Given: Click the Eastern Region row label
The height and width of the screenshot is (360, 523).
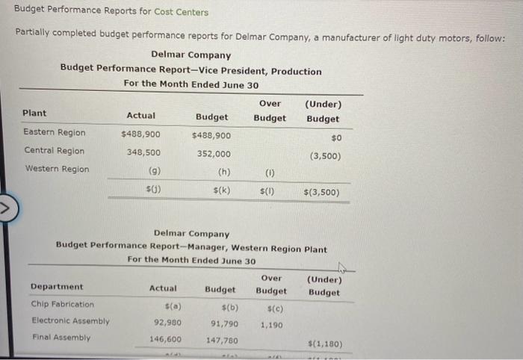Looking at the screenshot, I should [54, 133].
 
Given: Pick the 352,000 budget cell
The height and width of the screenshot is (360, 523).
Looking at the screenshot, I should [213, 154].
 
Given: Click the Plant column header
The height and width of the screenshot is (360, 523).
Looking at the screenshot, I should [34, 114].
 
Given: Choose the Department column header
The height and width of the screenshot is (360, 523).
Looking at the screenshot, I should [57, 287].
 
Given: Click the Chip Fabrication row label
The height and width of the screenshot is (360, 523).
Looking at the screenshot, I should [63, 305].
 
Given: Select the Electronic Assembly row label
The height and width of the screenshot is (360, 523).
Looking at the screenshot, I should [70, 321].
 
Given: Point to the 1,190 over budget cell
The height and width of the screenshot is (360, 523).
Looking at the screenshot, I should [271, 325].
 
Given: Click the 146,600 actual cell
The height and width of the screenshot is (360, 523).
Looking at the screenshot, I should [165, 339].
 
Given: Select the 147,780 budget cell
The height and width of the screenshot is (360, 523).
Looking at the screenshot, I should [222, 341].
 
